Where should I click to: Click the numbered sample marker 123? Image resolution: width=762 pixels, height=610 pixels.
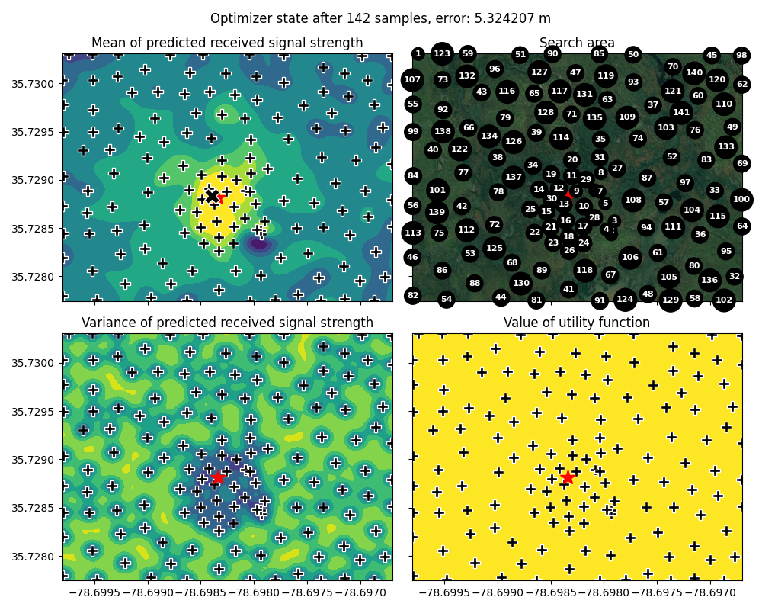click(442, 54)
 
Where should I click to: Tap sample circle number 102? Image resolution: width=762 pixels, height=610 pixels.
click(723, 300)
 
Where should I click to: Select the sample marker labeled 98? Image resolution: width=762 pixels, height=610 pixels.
click(741, 55)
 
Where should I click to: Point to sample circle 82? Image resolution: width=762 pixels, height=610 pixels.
click(413, 296)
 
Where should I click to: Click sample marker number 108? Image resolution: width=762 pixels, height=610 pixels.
click(633, 201)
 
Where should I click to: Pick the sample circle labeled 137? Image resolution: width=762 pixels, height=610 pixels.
click(514, 178)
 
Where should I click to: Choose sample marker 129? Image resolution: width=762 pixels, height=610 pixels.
click(671, 300)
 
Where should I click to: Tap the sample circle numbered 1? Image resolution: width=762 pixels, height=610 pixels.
click(418, 53)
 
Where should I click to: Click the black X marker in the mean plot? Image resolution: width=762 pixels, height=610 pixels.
click(212, 196)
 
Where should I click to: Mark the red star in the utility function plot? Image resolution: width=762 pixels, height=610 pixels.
click(568, 477)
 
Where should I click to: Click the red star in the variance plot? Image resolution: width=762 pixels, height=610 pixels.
click(218, 477)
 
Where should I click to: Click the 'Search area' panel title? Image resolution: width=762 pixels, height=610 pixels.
click(577, 43)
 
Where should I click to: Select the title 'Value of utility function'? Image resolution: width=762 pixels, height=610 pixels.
click(577, 323)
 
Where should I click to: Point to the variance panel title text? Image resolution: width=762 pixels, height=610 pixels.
click(227, 323)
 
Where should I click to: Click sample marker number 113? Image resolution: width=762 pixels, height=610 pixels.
click(413, 233)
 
